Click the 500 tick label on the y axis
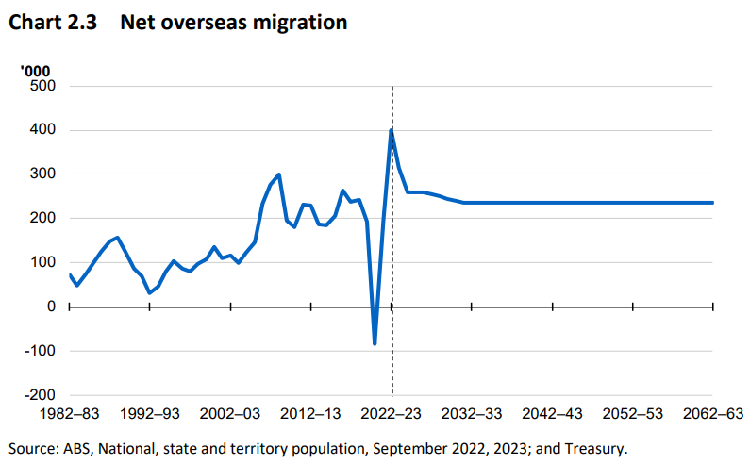tap(45, 86)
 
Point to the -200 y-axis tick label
tap(42, 394)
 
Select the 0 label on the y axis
tap(53, 307)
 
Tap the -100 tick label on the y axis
tap(42, 351)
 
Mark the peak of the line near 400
tap(392, 129)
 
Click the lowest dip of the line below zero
tap(375, 344)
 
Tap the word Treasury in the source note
tap(594, 447)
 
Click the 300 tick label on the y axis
tap(45, 174)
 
